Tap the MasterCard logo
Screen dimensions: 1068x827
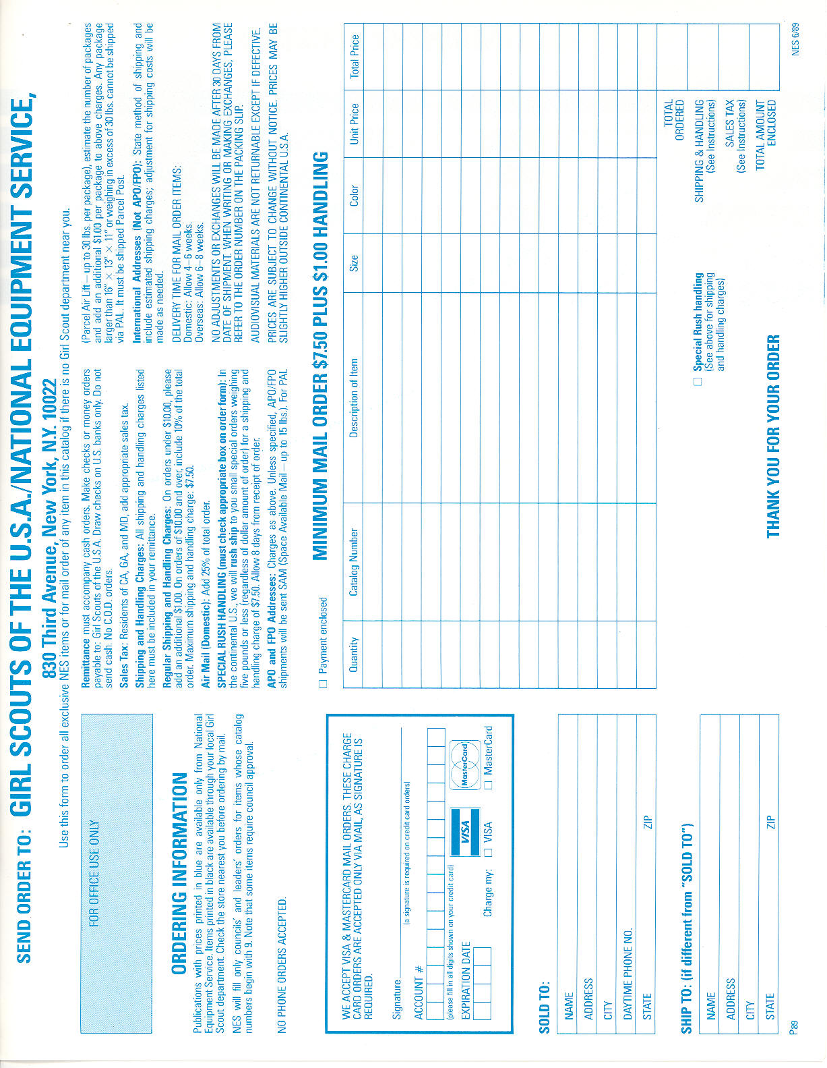click(x=465, y=764)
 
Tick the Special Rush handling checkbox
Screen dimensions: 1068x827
click(x=698, y=381)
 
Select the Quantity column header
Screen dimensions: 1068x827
click(x=353, y=654)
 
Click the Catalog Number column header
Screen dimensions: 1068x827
click(x=353, y=562)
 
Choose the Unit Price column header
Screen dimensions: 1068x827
click(x=353, y=123)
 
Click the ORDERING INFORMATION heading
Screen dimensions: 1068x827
click(x=179, y=874)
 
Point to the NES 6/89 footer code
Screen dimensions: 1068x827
click(x=796, y=40)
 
